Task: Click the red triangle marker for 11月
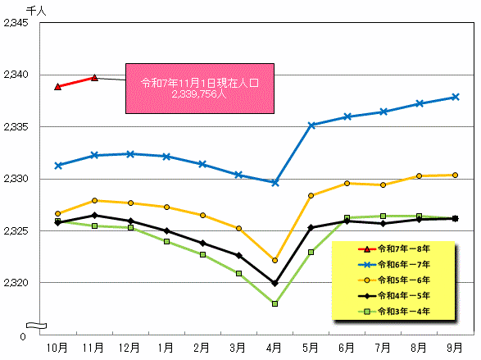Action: tap(94, 78)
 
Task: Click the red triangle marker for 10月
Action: tap(57, 86)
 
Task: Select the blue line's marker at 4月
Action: tap(275, 182)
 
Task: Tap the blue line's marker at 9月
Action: tap(455, 97)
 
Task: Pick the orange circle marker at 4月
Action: tap(275, 260)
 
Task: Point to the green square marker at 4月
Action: tap(275, 303)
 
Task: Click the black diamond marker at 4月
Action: tap(275, 283)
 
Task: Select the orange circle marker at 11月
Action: tap(94, 200)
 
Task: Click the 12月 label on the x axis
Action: tap(130, 348)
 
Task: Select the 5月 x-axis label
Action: tap(311, 348)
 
